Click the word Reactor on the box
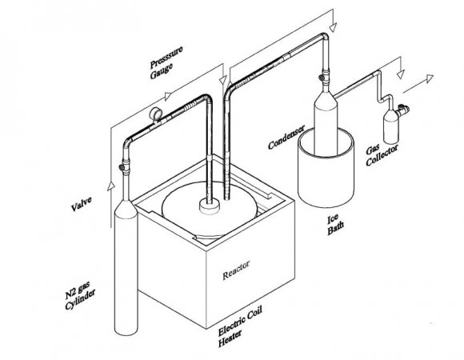pos(236,270)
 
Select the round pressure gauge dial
pos(156,114)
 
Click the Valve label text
pos(82,204)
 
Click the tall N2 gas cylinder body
pos(126,266)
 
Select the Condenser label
pos(286,137)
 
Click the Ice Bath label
pos(335,225)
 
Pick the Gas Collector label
pos(382,154)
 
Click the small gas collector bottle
pos(391,126)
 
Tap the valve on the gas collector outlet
pos(402,110)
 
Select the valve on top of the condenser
pos(323,78)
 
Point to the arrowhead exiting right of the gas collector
pos(430,78)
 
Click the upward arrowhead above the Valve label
pos(111,186)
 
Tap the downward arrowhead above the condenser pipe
pos(333,27)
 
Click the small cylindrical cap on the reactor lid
pos(210,206)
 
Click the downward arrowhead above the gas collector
pos(400,74)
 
